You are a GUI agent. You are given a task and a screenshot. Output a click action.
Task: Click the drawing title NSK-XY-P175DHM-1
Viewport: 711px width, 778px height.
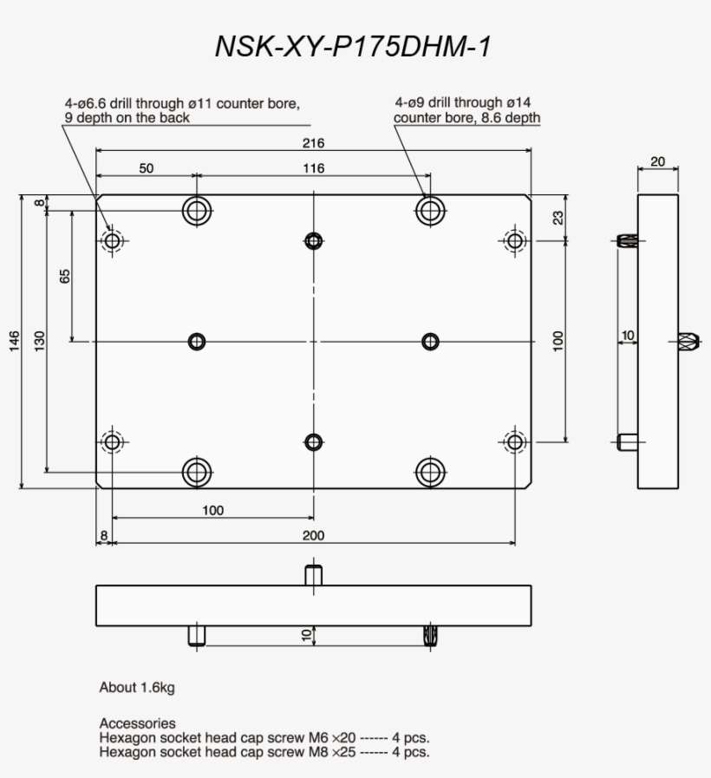click(x=353, y=47)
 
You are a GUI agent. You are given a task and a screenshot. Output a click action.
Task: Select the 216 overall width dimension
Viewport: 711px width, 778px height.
click(x=314, y=142)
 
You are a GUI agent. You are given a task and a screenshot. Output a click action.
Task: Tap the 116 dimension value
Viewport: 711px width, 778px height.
click(x=314, y=168)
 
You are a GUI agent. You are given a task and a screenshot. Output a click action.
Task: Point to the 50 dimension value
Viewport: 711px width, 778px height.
click(x=146, y=168)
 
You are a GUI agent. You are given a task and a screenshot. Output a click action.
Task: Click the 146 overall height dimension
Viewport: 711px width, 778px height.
click(x=14, y=342)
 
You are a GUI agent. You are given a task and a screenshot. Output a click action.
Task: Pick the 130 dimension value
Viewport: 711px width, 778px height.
click(x=40, y=342)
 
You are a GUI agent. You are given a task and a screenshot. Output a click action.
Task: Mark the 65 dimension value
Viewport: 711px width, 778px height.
click(x=65, y=276)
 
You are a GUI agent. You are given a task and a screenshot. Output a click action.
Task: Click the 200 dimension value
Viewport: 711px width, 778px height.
click(x=314, y=536)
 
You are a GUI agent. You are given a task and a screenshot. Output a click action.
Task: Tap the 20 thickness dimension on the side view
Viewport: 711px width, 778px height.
click(x=658, y=161)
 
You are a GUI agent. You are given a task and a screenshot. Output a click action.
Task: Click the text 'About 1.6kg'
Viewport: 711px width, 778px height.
click(x=137, y=688)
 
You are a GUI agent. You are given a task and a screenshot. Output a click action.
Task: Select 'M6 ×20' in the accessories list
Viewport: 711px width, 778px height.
click(x=332, y=738)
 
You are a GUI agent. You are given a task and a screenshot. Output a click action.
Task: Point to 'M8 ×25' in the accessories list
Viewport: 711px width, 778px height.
click(x=332, y=752)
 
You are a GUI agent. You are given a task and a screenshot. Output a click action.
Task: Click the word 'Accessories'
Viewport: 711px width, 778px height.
click(x=137, y=723)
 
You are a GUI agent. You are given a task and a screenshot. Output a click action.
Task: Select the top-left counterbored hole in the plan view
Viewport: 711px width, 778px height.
click(x=197, y=210)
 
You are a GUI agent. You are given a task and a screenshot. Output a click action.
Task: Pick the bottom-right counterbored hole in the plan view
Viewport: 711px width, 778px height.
click(x=430, y=472)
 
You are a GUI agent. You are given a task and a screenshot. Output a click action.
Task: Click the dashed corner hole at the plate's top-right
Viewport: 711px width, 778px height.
click(x=515, y=240)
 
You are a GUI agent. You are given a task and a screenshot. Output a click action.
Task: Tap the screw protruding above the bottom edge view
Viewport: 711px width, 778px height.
click(x=314, y=574)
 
